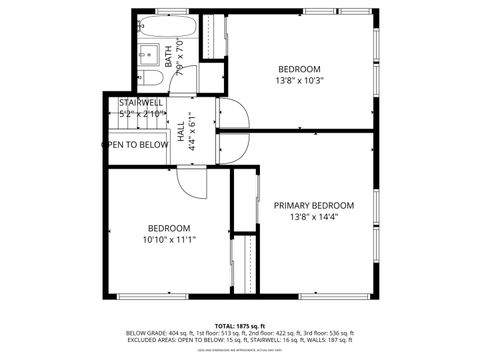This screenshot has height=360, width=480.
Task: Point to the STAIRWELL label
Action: click(x=140, y=103)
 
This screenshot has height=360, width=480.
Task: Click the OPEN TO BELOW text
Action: click(x=135, y=144)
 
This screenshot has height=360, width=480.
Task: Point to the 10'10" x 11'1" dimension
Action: click(x=168, y=239)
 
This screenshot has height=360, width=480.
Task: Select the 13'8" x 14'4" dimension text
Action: click(x=314, y=217)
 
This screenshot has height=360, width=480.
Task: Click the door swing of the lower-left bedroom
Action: click(x=190, y=180)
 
